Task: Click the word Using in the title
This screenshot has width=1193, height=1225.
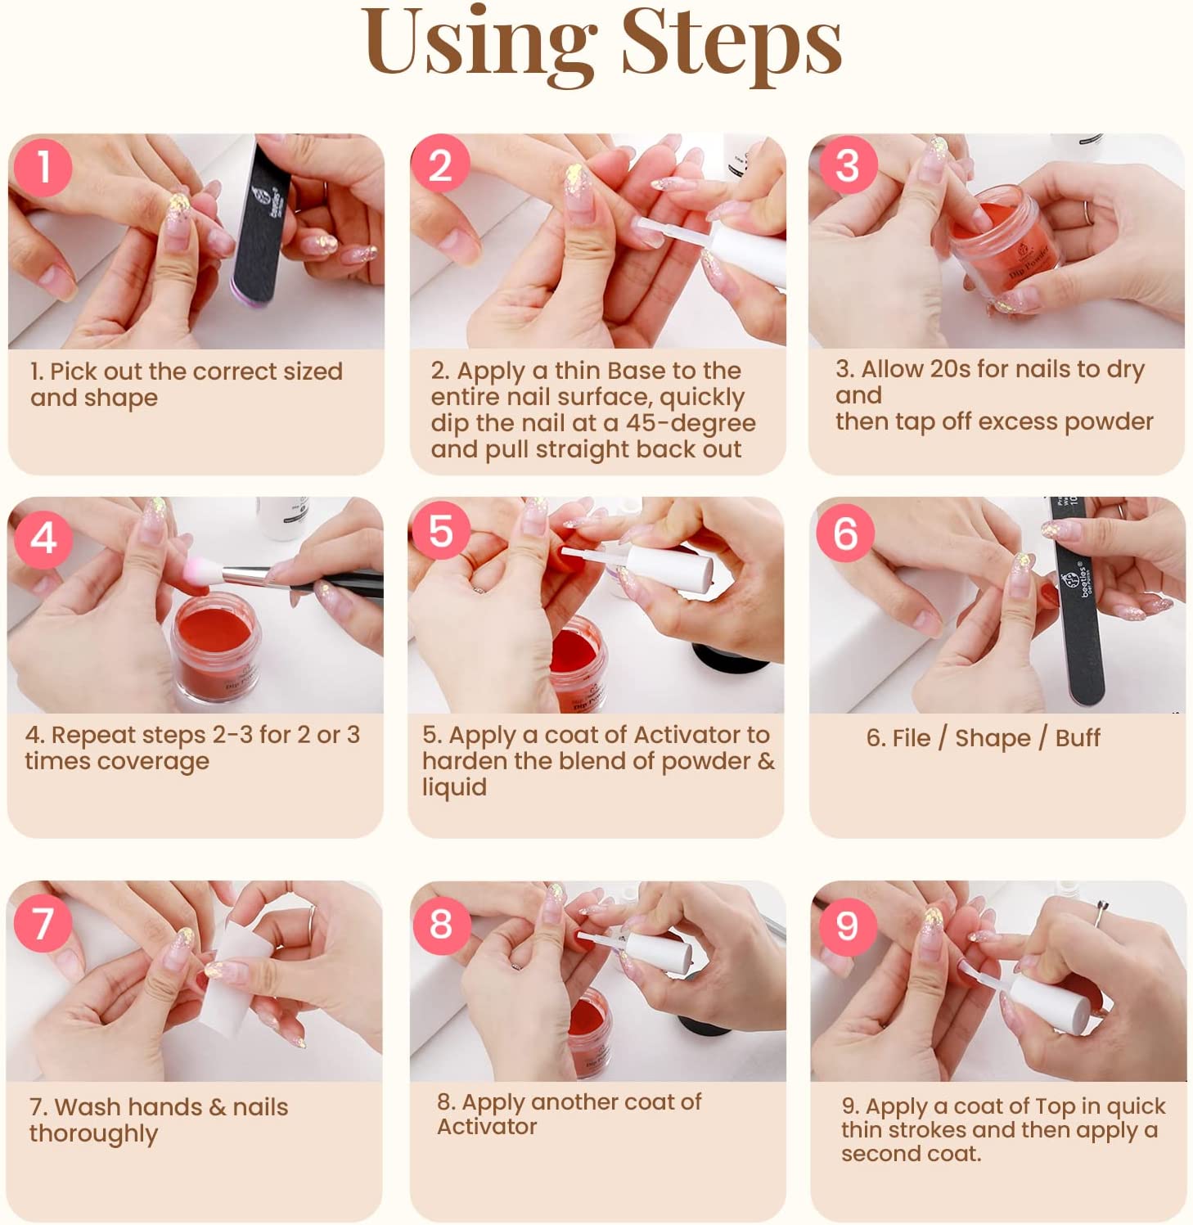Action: click(479, 45)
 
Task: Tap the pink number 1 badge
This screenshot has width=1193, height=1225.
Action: click(43, 166)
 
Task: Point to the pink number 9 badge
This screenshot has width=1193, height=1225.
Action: click(847, 926)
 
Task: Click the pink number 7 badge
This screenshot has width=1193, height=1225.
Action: click(43, 922)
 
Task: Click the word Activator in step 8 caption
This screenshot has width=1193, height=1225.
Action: click(487, 1127)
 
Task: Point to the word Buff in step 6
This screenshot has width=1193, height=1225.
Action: click(1078, 738)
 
